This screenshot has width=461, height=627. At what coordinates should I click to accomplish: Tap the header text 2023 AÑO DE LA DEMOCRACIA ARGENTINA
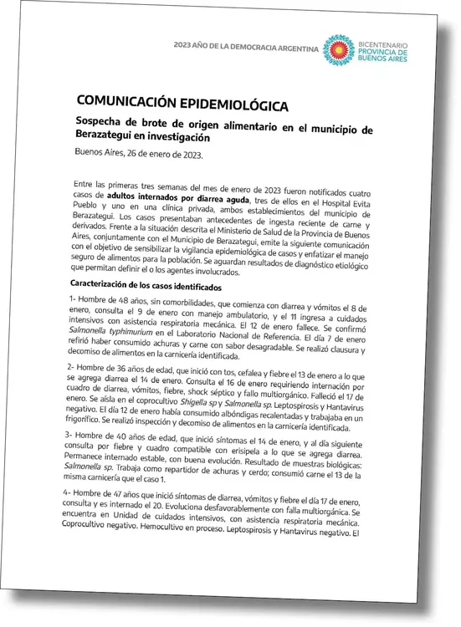(245, 48)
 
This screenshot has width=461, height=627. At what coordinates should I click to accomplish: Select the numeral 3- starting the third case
(72, 436)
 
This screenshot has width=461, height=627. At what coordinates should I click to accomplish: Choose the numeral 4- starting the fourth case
(71, 494)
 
